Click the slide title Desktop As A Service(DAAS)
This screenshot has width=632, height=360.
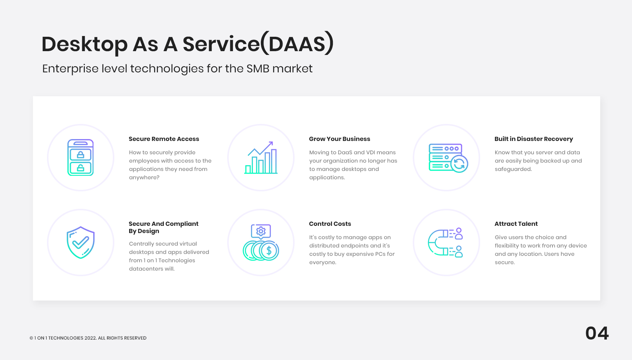[187, 44]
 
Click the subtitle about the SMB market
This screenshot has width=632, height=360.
[177, 69]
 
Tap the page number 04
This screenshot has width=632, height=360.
[597, 333]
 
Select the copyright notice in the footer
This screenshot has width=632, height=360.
[88, 338]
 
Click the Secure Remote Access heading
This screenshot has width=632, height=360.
[164, 139]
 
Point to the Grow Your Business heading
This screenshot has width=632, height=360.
[339, 139]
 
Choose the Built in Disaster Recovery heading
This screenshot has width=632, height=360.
[534, 139]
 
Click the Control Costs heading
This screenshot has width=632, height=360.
[330, 224]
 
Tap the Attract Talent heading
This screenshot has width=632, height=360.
[516, 224]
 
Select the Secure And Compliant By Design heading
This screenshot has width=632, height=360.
[163, 227]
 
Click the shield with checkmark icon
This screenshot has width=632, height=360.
[81, 243]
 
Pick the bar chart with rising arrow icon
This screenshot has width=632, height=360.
[261, 158]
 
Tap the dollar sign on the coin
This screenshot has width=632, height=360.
[269, 250]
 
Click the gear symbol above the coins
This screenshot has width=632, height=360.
[261, 232]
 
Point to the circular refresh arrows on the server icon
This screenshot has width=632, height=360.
[459, 164]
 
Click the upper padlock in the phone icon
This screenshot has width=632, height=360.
[80, 155]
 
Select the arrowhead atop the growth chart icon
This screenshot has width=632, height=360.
[271, 144]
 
